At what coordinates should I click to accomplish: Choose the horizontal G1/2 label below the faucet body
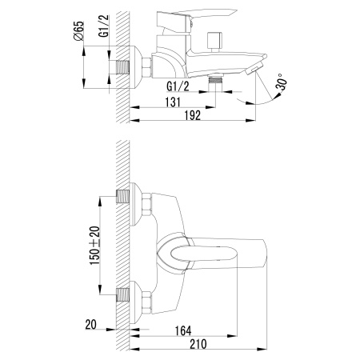coord(178,84)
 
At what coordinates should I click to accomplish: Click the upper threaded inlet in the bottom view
coord(125,197)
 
